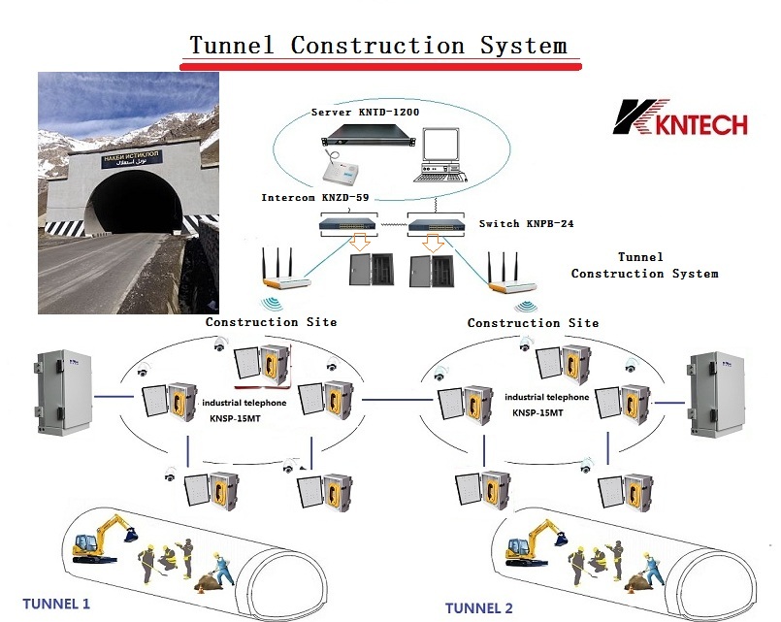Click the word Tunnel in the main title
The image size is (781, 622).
(x=234, y=45)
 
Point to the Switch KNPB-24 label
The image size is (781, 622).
(x=527, y=223)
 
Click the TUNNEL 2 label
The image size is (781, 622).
(x=478, y=607)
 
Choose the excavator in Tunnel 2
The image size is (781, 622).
(x=532, y=542)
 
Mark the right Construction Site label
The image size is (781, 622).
(x=533, y=322)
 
